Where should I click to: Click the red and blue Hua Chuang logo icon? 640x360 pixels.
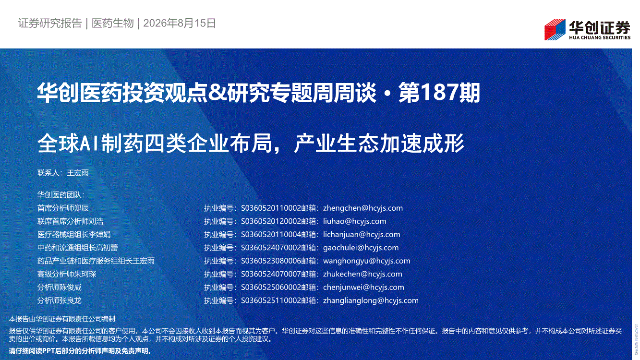555,30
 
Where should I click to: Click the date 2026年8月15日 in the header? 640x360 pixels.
180,23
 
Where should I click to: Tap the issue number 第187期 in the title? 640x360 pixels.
439,92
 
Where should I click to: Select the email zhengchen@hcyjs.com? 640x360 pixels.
363,208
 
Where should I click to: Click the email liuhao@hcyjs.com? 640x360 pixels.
355,221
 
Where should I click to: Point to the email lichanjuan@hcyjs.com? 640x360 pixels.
362,234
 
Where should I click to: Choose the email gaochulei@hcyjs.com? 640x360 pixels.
361,247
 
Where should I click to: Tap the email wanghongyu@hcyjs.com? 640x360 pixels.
366,261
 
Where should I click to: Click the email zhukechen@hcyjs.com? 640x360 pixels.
362,274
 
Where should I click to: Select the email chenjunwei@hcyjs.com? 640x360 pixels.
364,287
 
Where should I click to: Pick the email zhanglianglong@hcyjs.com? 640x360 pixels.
371,300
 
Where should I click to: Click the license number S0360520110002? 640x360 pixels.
271,208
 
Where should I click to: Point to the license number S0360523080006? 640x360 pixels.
271,261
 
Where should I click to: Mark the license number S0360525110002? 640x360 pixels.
271,300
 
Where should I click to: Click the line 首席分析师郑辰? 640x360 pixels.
63,208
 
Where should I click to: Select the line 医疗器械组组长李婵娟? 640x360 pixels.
74,234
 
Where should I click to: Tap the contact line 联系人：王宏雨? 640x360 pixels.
63,173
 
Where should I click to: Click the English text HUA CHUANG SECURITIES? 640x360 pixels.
599,37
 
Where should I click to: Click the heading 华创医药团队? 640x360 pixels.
61,195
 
